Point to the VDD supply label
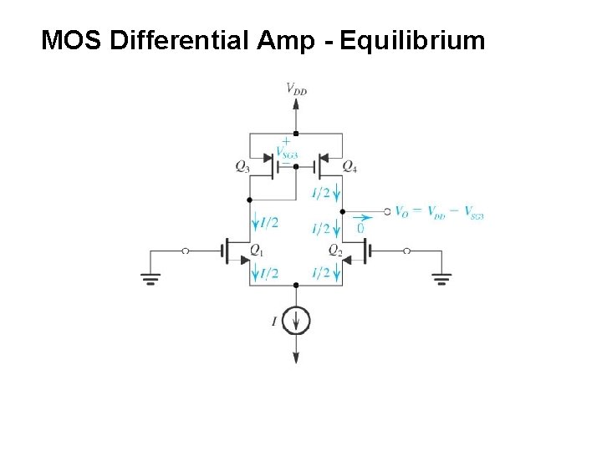(296, 88)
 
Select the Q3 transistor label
(242, 167)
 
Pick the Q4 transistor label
(349, 167)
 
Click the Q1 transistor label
(257, 251)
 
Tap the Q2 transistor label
(334, 251)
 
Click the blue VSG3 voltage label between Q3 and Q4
(286, 152)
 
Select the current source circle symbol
(296, 320)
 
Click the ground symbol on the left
(151, 278)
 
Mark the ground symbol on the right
(441, 278)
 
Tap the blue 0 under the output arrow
(360, 228)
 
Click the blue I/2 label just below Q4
(321, 194)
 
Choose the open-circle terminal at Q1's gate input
(186, 251)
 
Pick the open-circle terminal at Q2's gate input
(407, 251)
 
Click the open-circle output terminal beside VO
(387, 211)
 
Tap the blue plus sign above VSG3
(286, 141)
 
